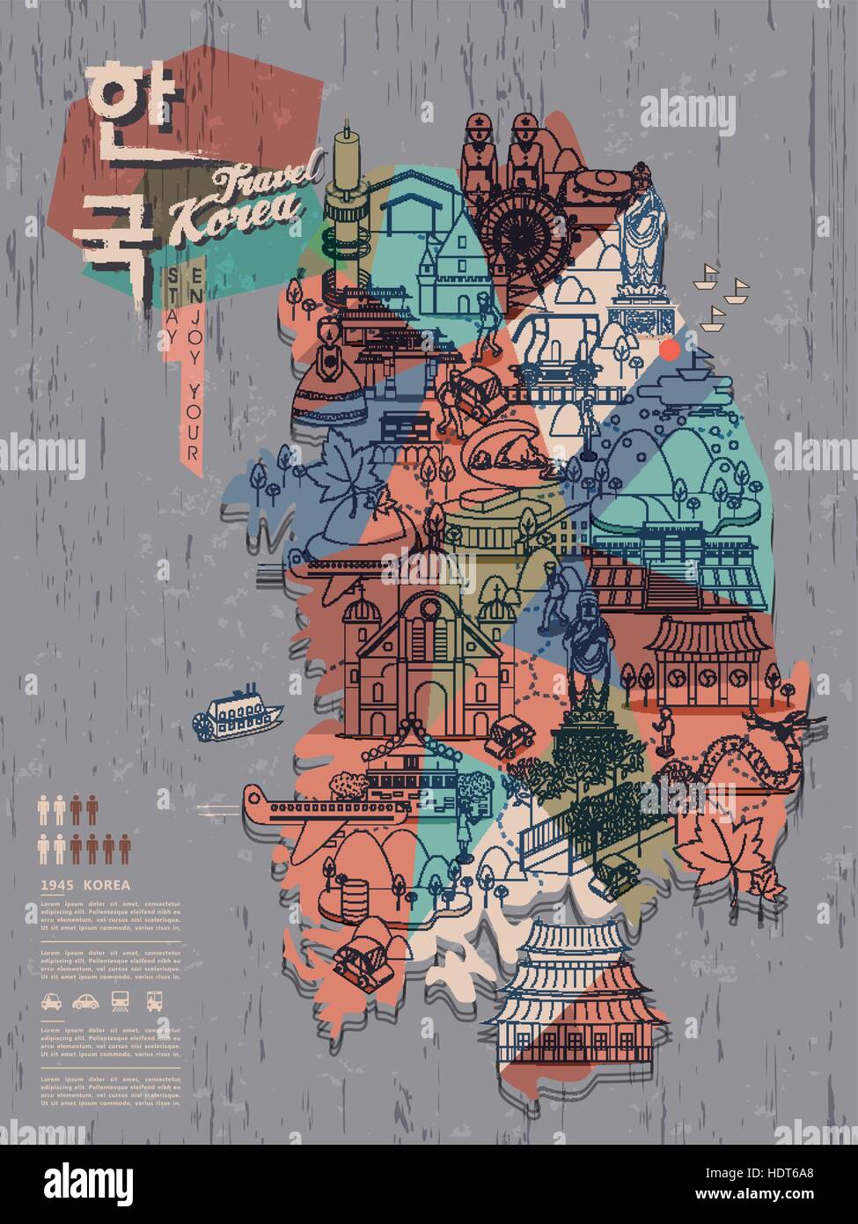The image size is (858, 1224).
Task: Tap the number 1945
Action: coord(57,884)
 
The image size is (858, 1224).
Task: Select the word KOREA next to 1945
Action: coord(106,884)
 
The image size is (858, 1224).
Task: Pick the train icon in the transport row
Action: coord(121,1000)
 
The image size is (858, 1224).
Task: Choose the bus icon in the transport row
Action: coord(156,1000)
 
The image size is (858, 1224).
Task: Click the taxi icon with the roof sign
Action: coord(50,1000)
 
